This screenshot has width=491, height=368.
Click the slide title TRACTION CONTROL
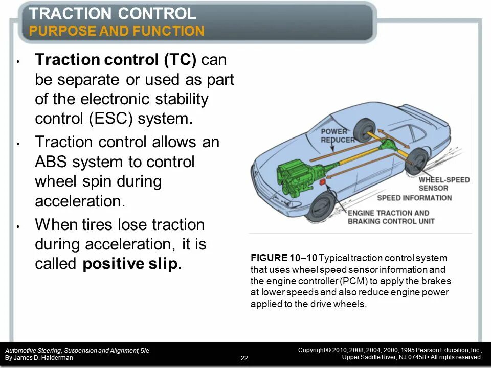pos(113,14)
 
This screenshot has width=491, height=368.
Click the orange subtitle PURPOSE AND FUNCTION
pos(117,31)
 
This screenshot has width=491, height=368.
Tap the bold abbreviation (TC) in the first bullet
pos(180,60)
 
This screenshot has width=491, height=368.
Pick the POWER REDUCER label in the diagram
pos(337,135)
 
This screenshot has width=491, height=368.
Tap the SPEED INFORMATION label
pos(414,197)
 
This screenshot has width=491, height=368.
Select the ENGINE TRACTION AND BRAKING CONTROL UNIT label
pos(391,217)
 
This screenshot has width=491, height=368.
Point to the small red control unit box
pos(322,181)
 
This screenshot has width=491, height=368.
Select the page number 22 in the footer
pos(244,358)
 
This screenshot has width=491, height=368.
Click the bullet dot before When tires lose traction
pos(18,225)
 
